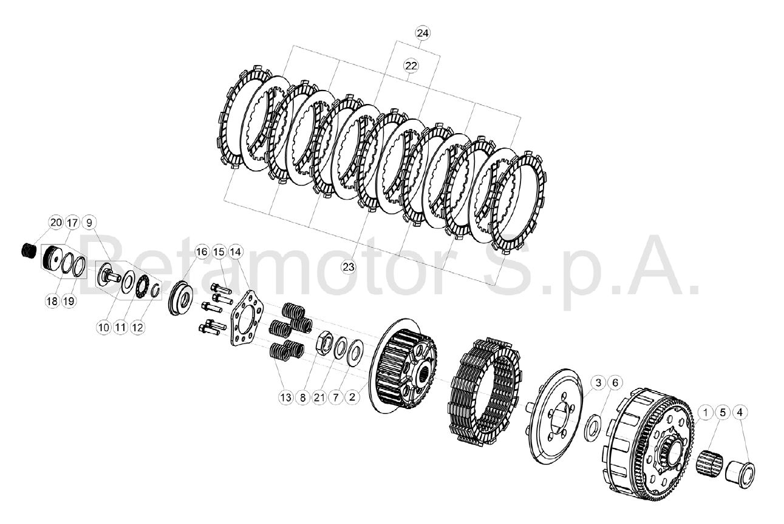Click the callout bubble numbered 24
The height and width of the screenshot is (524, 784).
(x=423, y=33)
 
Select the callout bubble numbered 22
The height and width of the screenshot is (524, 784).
(x=411, y=66)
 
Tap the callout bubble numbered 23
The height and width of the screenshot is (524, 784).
(x=348, y=267)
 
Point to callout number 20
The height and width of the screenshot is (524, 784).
(x=56, y=222)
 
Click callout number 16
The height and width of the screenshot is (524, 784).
(x=202, y=252)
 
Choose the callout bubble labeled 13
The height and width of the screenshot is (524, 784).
(x=286, y=398)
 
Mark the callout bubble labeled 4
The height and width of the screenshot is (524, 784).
(x=740, y=413)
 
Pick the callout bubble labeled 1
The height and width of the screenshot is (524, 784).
(x=706, y=413)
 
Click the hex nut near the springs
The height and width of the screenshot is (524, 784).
(x=324, y=340)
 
